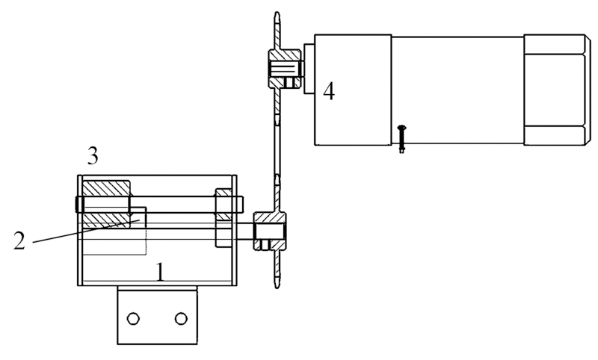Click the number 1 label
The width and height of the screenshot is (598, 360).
(161, 272)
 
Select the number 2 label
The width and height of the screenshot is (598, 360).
(19, 240)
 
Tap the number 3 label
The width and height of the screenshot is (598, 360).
(93, 155)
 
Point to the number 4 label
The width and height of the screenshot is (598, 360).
(329, 91)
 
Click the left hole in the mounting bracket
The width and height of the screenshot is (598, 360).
(133, 318)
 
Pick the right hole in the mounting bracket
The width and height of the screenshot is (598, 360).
(181, 318)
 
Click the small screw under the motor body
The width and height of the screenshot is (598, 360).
(401, 139)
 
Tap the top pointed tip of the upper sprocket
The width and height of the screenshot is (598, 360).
(277, 13)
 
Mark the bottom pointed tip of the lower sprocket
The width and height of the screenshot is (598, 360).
(277, 288)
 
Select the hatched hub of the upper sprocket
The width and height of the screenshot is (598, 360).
(285, 68)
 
